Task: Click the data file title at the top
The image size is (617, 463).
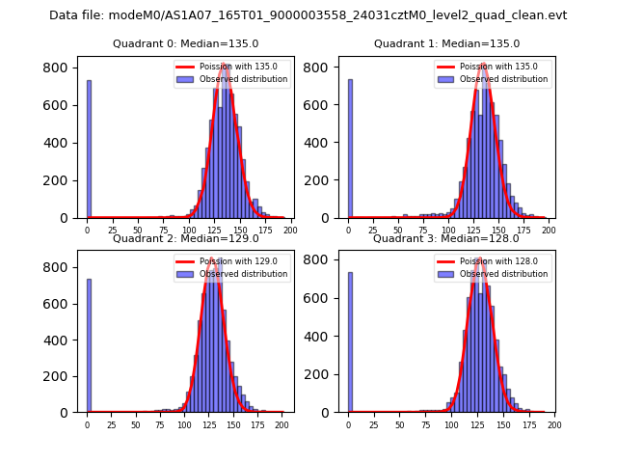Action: point(308,15)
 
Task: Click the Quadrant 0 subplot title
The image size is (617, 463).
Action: point(185,43)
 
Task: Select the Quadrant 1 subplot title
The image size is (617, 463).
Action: point(446,43)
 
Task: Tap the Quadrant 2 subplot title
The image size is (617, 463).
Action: point(185,238)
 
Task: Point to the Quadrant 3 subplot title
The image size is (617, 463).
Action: point(446,238)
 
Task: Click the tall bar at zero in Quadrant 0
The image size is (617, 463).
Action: point(89,150)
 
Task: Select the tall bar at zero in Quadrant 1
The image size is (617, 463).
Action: point(350,150)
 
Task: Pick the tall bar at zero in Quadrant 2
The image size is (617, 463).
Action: point(89,345)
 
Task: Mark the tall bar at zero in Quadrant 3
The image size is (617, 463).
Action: point(350,345)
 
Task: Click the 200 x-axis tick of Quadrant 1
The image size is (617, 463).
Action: point(549,231)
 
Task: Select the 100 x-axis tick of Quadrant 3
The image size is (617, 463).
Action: point(450,425)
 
